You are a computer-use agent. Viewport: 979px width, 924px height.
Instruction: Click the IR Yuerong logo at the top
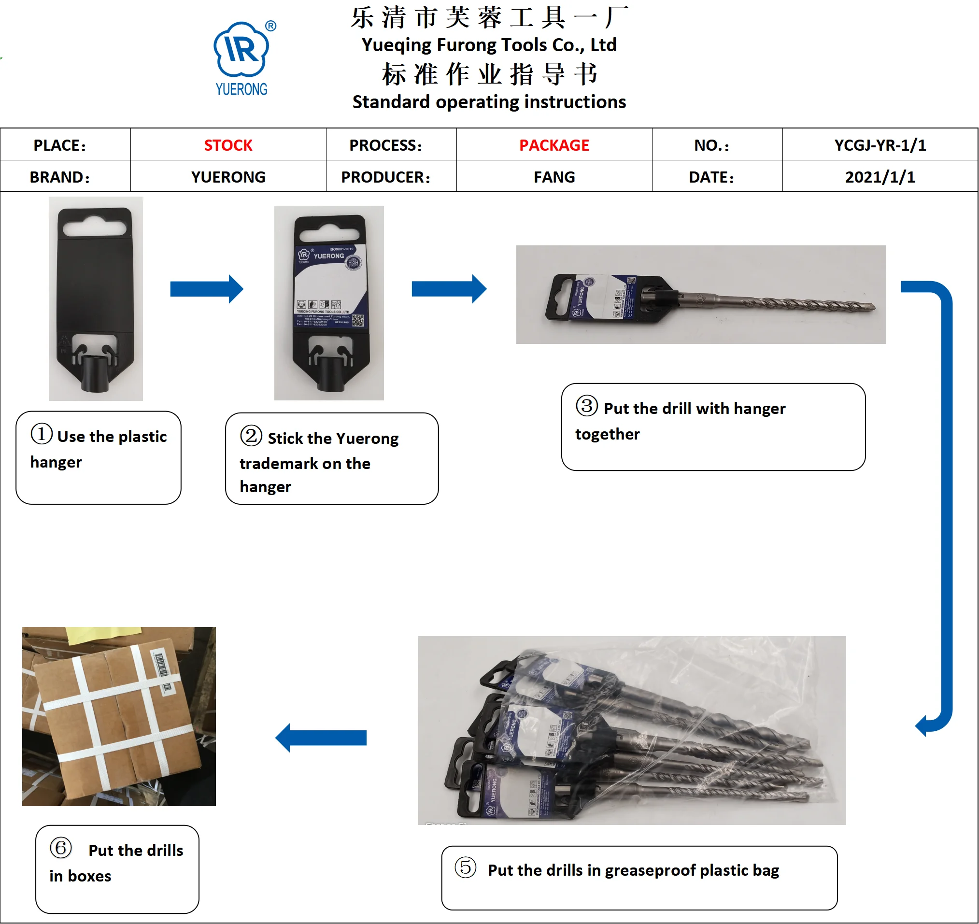coord(241,57)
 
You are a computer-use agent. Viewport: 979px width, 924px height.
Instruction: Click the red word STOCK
coord(228,145)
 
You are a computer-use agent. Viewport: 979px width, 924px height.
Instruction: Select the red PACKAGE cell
coord(554,145)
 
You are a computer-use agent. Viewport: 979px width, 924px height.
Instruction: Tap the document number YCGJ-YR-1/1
coord(880,145)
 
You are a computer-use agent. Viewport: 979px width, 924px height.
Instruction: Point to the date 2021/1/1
coord(880,177)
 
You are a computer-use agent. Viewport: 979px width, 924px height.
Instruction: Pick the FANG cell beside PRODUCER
coord(554,177)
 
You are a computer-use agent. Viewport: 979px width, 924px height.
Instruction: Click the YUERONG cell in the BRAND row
coord(228,177)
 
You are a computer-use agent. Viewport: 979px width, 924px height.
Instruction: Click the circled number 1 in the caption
coord(42,434)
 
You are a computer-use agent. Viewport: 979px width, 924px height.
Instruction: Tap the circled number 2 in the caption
coord(251,436)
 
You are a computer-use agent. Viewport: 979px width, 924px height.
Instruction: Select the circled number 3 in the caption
coord(587,406)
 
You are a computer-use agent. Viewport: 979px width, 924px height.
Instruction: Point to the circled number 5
coord(466,867)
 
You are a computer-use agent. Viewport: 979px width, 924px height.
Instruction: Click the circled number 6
coord(61,848)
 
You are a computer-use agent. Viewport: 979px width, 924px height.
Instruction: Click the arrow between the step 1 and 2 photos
coord(206,289)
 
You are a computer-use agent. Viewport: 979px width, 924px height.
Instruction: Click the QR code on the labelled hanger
coord(358,321)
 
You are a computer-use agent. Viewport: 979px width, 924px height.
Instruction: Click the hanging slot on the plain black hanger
coord(95,228)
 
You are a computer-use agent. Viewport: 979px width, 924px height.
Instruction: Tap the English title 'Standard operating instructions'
coord(489,102)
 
